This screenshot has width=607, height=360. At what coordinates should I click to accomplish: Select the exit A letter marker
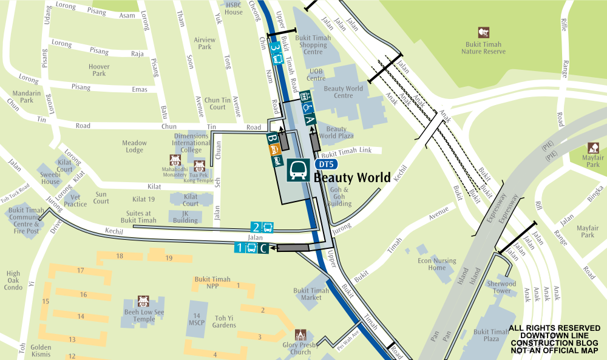(309, 120)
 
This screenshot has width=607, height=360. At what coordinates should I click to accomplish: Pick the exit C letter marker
(263, 248)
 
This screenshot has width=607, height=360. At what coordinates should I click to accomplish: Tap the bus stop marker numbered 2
(262, 228)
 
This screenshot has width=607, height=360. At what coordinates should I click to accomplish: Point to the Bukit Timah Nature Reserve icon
(484, 32)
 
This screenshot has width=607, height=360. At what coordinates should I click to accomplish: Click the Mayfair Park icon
(592, 148)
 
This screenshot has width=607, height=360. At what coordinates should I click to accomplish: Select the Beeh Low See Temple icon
(143, 301)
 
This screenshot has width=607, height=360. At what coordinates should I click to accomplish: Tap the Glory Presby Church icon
(300, 335)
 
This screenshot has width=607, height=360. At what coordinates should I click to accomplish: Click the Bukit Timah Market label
(311, 294)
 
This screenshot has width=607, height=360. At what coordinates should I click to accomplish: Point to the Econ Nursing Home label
(437, 264)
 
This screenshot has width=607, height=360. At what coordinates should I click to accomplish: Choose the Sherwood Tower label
(501, 287)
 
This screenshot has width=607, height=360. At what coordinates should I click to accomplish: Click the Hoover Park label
(99, 70)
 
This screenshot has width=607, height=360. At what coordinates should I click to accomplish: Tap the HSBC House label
(234, 8)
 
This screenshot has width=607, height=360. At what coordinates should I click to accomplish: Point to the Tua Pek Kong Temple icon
(198, 165)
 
